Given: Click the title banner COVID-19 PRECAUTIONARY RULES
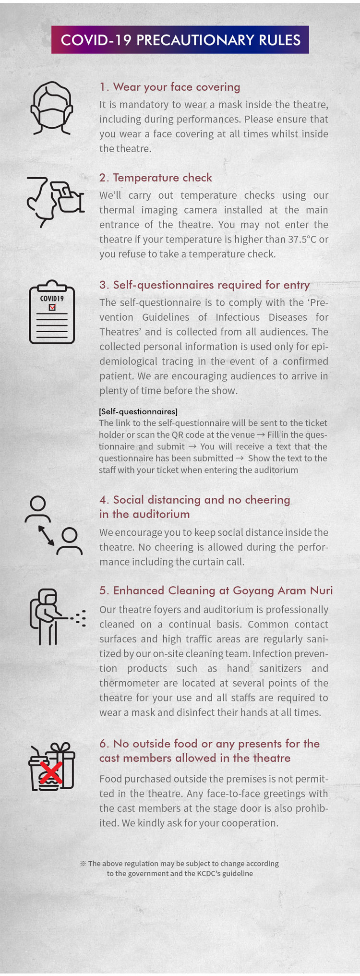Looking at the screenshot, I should tap(180, 40).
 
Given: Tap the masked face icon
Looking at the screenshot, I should tap(51, 108).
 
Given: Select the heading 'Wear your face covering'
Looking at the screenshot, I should tap(169, 87).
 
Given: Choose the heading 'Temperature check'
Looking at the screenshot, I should tap(156, 178).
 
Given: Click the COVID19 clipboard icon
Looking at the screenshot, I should tap(52, 312).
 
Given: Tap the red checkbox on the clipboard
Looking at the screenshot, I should tap(52, 307).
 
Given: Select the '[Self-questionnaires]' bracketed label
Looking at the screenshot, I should tap(138, 411).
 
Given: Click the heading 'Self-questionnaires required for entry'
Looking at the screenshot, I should tap(204, 285).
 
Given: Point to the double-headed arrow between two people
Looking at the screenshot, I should tap(47, 535).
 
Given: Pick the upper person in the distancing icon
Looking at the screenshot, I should tap(37, 509).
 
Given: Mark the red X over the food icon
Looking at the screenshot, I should tap(50, 772).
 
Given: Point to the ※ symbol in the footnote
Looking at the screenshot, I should tap(83, 863).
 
